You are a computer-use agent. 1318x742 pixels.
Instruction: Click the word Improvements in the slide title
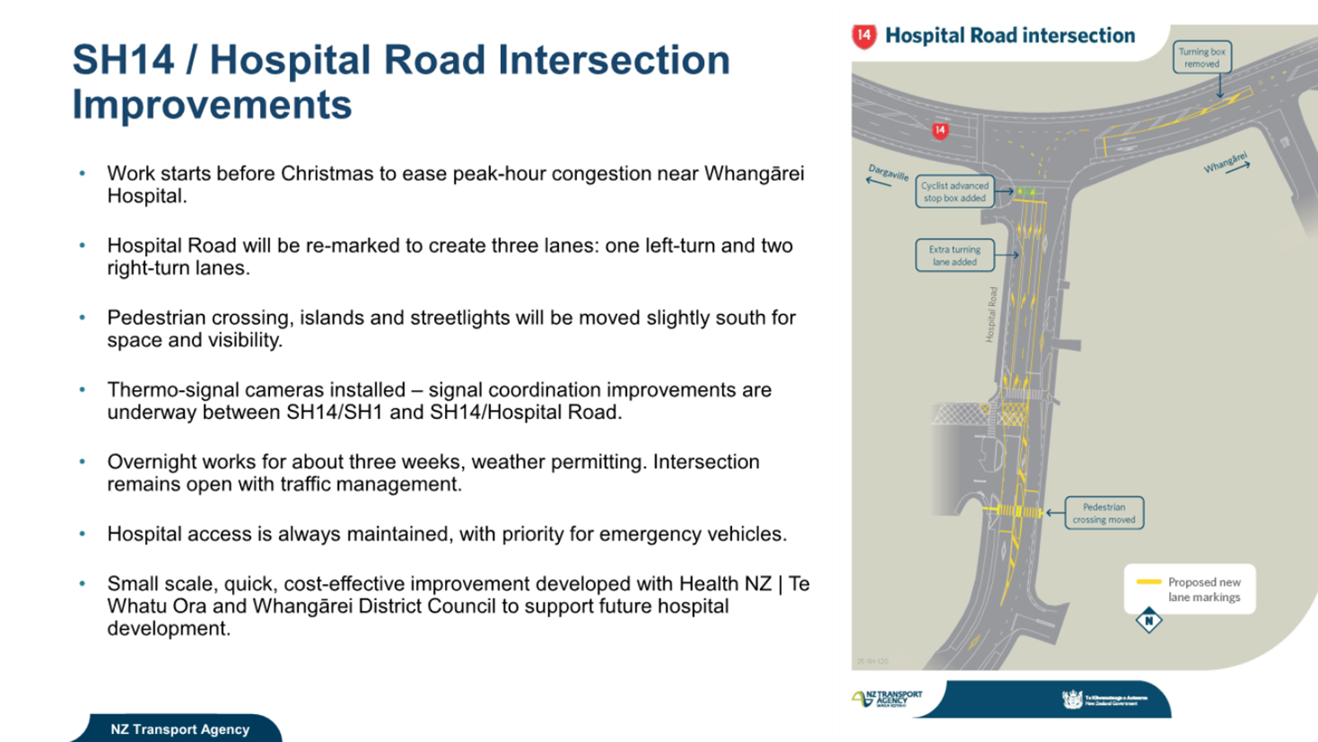pos(211,106)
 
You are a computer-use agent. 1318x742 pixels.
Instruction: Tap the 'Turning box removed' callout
pos(1202,58)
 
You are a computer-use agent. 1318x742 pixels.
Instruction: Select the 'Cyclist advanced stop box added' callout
pos(954,191)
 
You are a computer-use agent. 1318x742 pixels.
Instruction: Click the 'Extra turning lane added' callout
pos(954,255)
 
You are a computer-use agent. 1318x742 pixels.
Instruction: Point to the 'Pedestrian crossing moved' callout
pos(1103,513)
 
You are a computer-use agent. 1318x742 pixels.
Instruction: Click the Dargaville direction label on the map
pos(888,172)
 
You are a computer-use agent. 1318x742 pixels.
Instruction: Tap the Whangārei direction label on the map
pos(1225,163)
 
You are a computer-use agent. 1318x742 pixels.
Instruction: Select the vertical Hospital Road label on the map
pos(991,314)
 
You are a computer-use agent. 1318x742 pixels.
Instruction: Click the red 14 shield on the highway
pos(940,131)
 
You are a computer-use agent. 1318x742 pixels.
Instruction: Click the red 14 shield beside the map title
pos(864,36)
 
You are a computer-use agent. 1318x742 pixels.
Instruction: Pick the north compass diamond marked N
pos(1148,620)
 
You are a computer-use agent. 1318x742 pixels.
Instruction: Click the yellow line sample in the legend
pos(1148,582)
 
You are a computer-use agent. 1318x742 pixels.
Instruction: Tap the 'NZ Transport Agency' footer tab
pos(180,729)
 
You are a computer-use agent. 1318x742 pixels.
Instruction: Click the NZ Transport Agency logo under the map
pos(886,699)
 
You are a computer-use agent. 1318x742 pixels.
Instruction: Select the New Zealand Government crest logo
pos(1072,700)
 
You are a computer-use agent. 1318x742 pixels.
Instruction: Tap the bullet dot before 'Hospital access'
pos(82,534)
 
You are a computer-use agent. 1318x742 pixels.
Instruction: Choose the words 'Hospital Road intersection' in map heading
pos(1009,36)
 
